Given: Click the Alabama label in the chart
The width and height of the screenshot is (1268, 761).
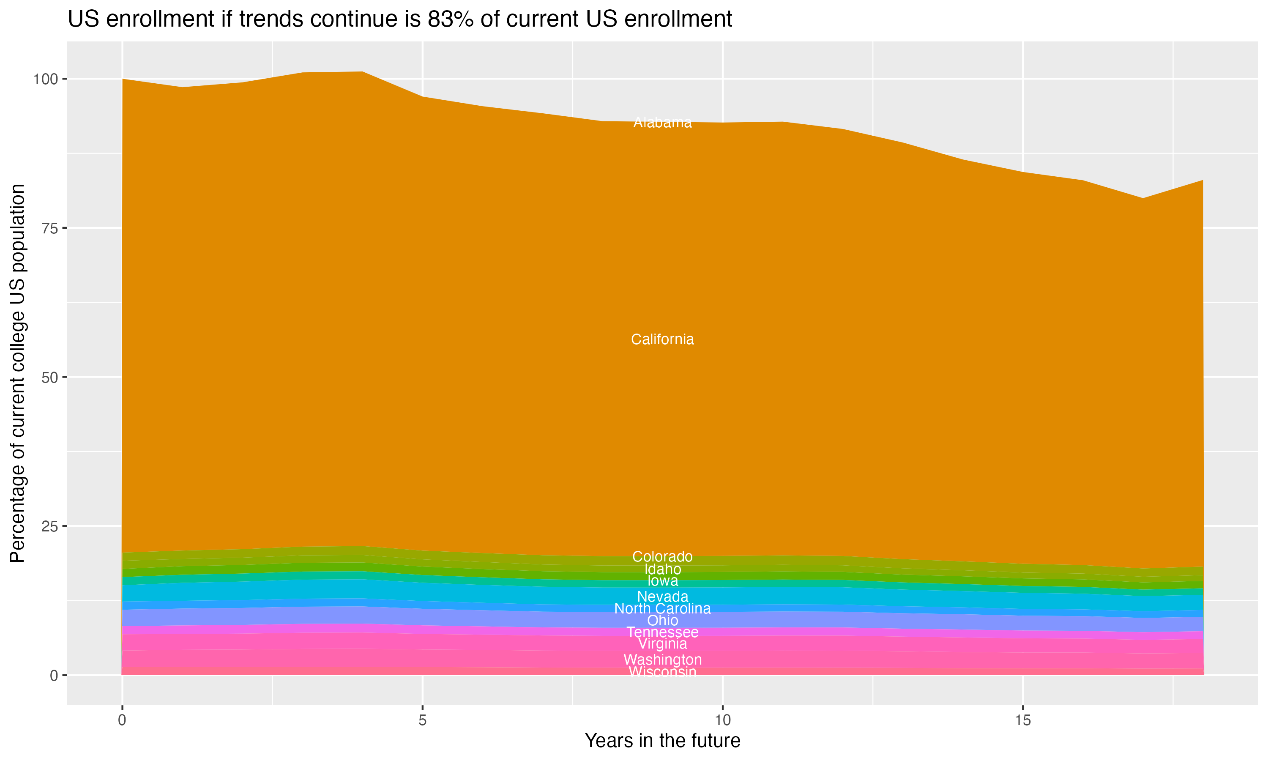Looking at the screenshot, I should coord(662,123).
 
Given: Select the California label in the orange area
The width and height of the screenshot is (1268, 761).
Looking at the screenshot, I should coord(662,339).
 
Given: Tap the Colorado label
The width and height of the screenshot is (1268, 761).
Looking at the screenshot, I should coord(662,557).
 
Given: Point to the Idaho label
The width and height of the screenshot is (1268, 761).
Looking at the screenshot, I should coord(662,569).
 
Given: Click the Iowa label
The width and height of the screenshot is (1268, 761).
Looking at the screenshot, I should coord(662,581).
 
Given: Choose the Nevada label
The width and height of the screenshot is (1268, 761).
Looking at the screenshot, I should coord(662,597).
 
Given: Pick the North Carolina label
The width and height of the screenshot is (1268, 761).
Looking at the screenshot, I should coord(662,609).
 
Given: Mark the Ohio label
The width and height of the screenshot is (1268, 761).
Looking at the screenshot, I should coord(662,621).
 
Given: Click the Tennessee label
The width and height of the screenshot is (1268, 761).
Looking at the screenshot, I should coord(662,632).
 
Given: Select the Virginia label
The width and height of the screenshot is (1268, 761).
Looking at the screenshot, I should coord(662,644).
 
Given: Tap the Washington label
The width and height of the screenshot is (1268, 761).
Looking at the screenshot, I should coord(662,660).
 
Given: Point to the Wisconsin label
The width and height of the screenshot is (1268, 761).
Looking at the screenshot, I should coord(662,671).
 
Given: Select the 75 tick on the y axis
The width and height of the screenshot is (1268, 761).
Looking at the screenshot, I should coord(48,228).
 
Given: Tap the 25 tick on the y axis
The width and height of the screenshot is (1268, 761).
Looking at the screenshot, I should coord(48,526).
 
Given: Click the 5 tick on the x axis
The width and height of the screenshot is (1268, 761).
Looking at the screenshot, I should coord(422,720).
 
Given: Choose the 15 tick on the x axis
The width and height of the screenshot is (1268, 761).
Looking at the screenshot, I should coord(1022,720).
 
